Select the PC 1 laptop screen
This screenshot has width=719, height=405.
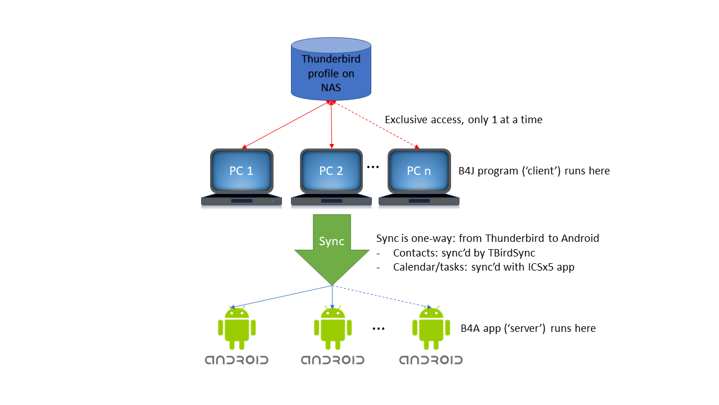pyautogui.click(x=241, y=171)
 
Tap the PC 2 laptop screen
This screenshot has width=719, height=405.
pyautogui.click(x=331, y=171)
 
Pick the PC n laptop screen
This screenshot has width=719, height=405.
pyautogui.click(x=418, y=171)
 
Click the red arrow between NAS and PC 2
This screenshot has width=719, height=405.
pyautogui.click(x=331, y=125)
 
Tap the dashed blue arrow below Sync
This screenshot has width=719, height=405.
pyautogui.click(x=382, y=296)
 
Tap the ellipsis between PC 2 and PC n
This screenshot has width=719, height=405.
pyautogui.click(x=372, y=167)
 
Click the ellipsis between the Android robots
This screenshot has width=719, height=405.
pyautogui.click(x=379, y=329)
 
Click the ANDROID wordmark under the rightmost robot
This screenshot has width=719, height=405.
pyautogui.click(x=431, y=360)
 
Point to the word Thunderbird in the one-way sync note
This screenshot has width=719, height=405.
pyautogui.click(x=516, y=238)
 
